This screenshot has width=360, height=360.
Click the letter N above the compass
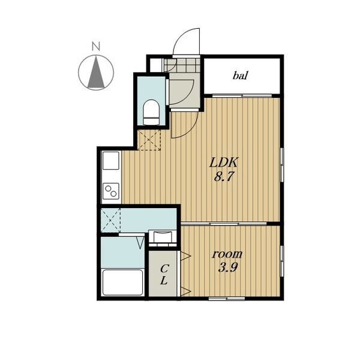[96, 46]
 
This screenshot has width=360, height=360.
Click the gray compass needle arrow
[96, 73]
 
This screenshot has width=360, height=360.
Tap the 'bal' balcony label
[240, 76]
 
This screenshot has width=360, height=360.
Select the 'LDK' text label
[223, 163]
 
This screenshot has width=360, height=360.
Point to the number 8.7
[223, 176]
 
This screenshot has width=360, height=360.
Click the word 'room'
[227, 254]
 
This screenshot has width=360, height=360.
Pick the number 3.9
[227, 267]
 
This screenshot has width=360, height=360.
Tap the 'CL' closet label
[164, 274]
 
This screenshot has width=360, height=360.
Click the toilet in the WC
[151, 112]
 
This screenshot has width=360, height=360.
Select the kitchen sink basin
[111, 160]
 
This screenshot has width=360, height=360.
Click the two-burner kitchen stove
[111, 191]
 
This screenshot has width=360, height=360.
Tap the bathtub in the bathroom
[122, 283]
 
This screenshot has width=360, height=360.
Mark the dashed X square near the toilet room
[149, 140]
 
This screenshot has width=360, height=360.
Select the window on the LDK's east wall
[282, 165]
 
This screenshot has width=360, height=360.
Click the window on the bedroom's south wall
[227, 298]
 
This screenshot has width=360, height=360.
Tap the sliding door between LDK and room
[224, 223]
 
